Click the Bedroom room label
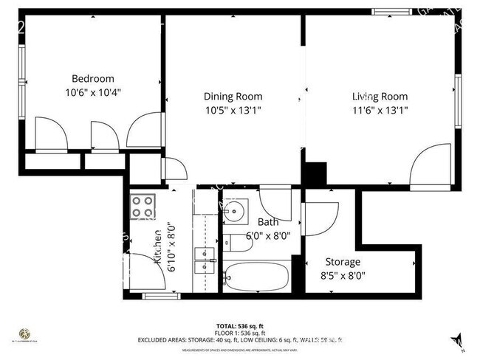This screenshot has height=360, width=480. point(92,79)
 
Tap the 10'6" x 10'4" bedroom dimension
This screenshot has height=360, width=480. point(92,93)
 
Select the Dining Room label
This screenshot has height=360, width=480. point(233,96)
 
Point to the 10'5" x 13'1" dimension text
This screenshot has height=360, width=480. point(233,110)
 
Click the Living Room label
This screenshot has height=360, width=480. point(380,96)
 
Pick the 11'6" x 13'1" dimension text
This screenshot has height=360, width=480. point(380,110)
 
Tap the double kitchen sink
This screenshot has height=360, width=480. point(205,255)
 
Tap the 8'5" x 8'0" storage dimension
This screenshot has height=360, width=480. point(343,277)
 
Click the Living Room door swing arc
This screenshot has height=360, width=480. point(431,166)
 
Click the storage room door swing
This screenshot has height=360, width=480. point(320,219)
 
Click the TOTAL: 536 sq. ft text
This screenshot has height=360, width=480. point(239,325)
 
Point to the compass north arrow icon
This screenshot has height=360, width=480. point(456,340)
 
